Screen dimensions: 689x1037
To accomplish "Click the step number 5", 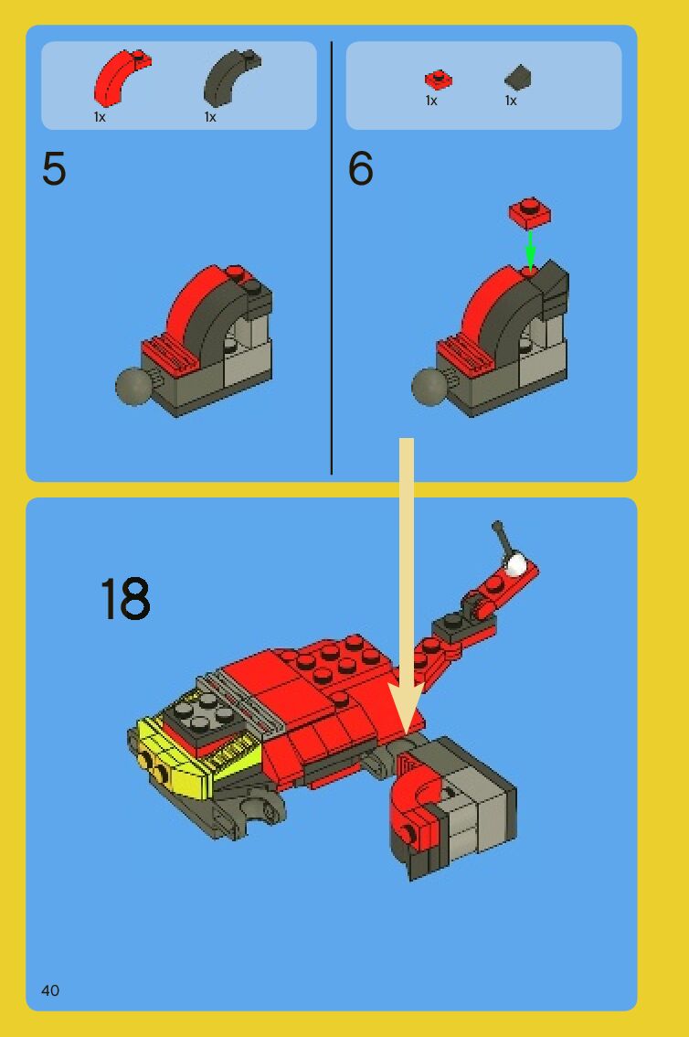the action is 54,168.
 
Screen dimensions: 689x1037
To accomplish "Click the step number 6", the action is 361,168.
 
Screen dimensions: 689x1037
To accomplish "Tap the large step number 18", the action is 125,598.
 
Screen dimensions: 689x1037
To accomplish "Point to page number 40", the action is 50,990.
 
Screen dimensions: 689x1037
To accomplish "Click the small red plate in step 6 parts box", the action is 438,80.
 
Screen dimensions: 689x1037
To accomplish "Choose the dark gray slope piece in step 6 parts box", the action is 518,77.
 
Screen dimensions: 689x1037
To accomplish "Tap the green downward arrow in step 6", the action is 530,250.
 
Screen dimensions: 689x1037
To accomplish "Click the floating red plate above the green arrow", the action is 530,213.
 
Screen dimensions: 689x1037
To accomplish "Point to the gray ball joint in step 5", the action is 132,386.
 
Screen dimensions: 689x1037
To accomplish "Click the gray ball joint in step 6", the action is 429,386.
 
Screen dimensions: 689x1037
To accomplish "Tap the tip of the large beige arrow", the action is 407,732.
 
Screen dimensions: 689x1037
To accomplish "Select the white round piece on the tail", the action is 515,564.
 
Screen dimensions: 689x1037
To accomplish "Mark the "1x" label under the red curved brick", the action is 100,117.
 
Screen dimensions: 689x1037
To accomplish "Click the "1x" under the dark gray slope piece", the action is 511,101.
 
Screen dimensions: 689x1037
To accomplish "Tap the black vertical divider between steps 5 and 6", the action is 331,258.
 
